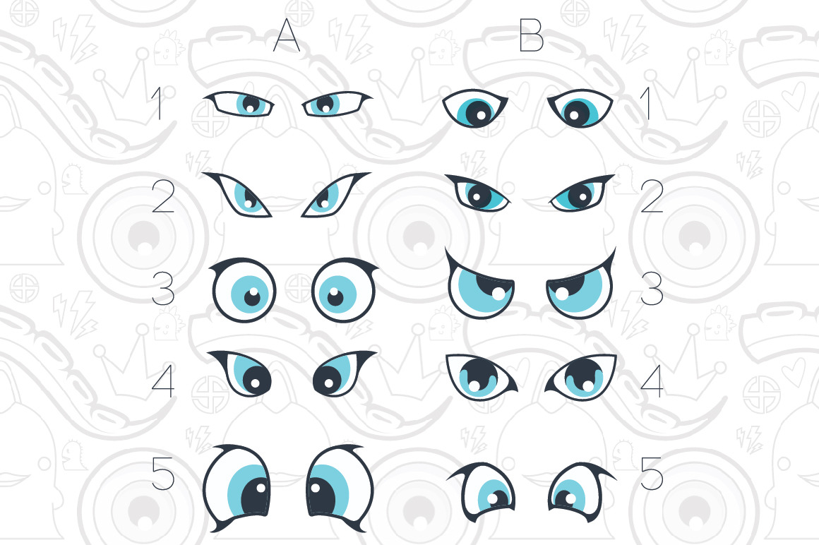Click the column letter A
coord(287,35)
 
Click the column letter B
coord(531,35)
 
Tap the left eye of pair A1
coord(239,103)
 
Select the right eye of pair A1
coord(336,103)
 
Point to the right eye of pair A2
coord(335,195)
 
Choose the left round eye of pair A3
coord(244,289)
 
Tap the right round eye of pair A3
coord(345,289)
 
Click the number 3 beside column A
coord(163,289)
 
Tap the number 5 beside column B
coord(652,474)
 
